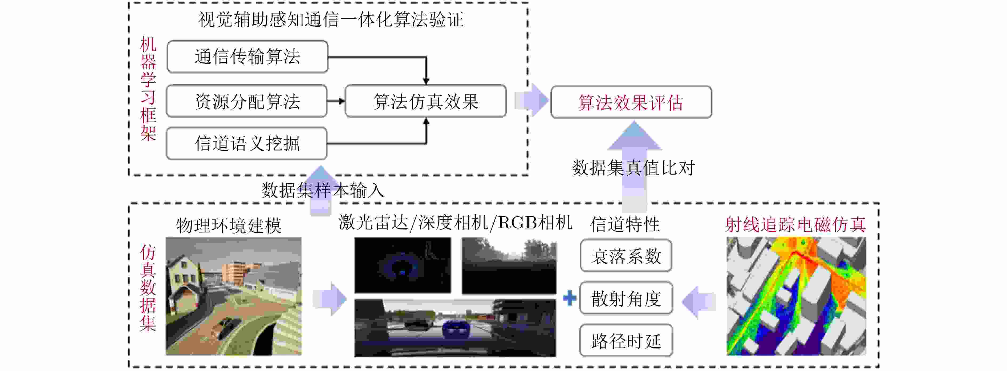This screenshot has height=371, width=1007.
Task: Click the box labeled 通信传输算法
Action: tap(247, 57)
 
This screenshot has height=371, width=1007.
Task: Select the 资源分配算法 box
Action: tap(247, 101)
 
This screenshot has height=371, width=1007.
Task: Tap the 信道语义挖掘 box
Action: tap(247, 143)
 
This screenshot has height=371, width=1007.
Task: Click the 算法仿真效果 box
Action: tap(425, 101)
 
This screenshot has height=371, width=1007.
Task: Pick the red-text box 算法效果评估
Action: tap(631, 102)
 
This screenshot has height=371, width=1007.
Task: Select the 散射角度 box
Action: tap(626, 298)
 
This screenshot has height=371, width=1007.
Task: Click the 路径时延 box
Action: tap(626, 341)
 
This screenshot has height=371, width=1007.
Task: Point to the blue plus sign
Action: tap(570, 298)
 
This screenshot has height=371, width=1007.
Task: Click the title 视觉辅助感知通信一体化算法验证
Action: tap(331, 19)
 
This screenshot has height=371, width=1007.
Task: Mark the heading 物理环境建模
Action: tap(229, 225)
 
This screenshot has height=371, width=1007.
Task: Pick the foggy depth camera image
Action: tap(509, 266)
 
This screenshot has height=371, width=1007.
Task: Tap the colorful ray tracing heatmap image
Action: tap(796, 296)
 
